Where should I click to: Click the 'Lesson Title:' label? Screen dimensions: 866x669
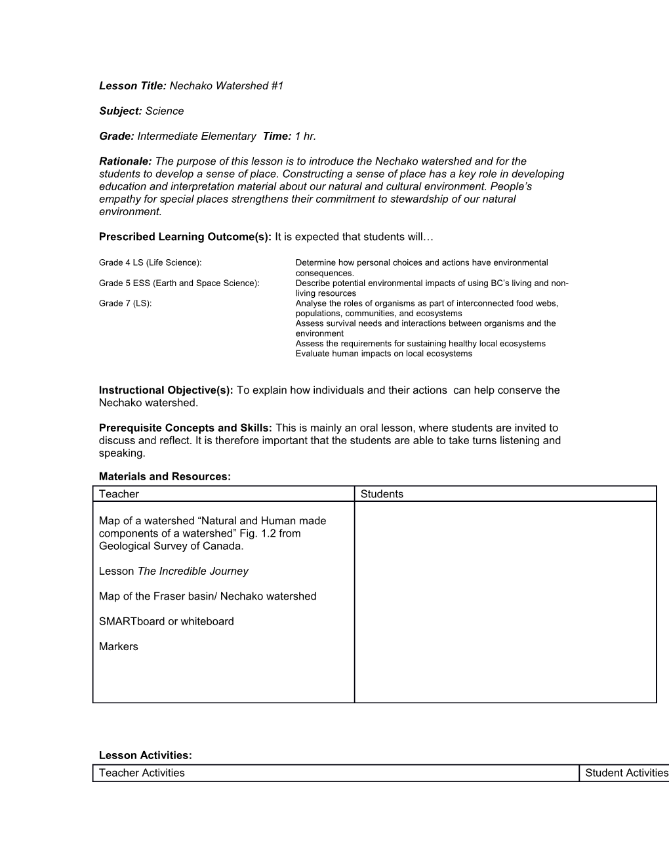[x=133, y=86]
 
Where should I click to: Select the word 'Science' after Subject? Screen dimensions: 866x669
[x=165, y=111]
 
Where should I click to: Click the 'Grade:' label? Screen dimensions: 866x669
[x=117, y=136]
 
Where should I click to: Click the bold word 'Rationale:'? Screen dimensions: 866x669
[x=125, y=161]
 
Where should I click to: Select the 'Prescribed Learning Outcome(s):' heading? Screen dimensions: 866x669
[x=185, y=237]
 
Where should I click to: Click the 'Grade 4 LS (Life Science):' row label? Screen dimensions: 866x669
[x=150, y=263]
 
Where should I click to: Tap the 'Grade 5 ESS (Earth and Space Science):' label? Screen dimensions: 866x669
[x=179, y=283]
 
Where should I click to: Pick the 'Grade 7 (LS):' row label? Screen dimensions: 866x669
[x=125, y=304]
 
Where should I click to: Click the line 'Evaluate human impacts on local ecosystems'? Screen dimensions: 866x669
[x=384, y=354]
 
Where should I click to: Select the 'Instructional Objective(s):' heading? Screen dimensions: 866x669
[x=166, y=390]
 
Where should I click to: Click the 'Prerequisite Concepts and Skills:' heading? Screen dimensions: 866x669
[x=185, y=428]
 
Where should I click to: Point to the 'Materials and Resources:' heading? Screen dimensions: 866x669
[x=165, y=477]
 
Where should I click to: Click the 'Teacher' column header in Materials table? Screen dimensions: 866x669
[x=119, y=494]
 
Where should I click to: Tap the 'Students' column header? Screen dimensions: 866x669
[x=382, y=494]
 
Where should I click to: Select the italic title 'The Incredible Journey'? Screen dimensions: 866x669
[x=193, y=571]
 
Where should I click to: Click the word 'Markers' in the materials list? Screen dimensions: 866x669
[x=119, y=647]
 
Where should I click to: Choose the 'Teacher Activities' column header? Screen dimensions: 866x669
[x=142, y=773]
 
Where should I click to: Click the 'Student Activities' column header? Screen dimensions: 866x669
[x=626, y=773]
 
